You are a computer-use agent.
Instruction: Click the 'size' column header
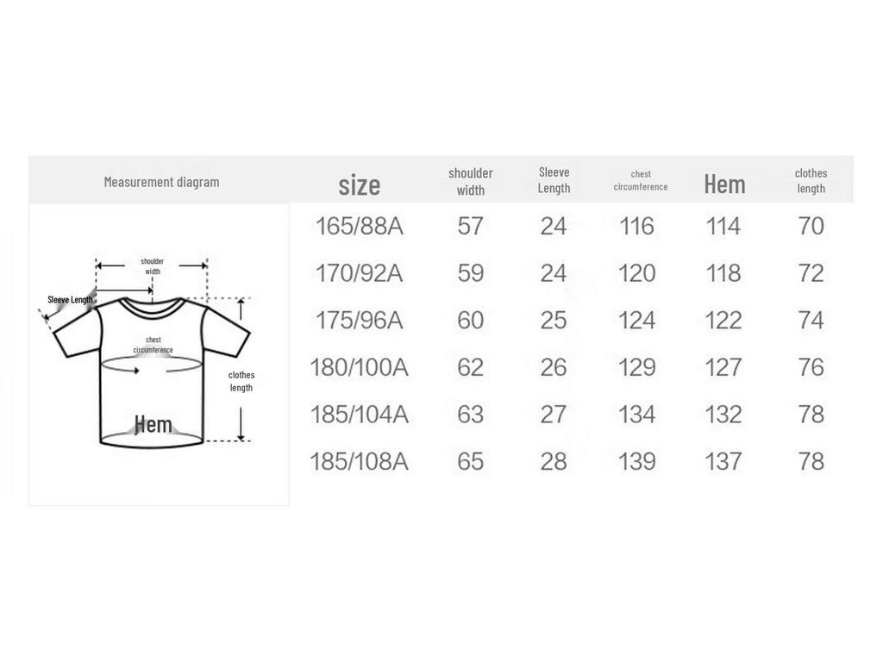coord(360,185)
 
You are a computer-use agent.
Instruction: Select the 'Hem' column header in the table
coord(724,184)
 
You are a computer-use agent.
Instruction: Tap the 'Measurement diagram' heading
coord(161,182)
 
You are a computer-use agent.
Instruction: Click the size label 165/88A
coord(360,227)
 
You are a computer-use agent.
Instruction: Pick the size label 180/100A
coord(360,367)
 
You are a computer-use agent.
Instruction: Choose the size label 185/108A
coord(360,462)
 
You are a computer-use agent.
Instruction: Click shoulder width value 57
coord(470,227)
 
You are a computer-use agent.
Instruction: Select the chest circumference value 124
coord(637,321)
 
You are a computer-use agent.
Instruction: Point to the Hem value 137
coord(723,462)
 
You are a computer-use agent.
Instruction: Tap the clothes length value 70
coord(811,227)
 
